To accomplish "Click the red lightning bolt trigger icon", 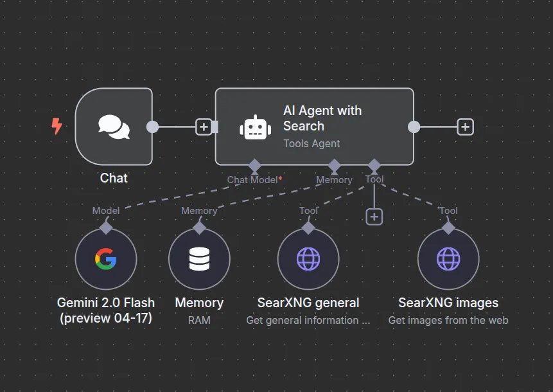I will point(57,126).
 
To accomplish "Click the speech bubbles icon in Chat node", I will point(114,127).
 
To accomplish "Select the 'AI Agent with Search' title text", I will point(322,118).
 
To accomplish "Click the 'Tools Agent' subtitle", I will point(312,143).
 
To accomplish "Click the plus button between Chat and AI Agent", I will point(204,127).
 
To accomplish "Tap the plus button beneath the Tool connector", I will point(374,217).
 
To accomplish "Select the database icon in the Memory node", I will point(199,259).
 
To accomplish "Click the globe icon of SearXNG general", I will point(308,259).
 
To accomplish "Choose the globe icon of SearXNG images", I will point(448,259).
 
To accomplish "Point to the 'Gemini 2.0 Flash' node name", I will point(106,303).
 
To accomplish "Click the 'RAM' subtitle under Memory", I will point(199,320).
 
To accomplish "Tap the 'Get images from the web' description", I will point(448,320).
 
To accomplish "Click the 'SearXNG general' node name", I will point(308,303).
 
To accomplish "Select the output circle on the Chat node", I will point(152,127).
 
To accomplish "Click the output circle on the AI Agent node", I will point(414,127).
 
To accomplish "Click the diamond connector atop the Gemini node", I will point(106,227).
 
